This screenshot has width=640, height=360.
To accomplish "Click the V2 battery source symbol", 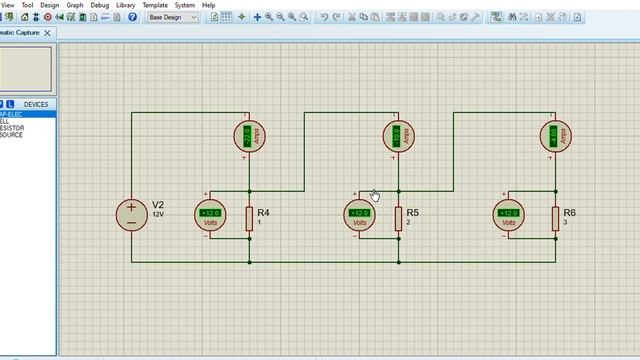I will click(131, 215).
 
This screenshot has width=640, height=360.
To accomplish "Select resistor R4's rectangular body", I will click(249, 218).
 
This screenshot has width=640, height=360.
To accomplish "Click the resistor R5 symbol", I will click(398, 218).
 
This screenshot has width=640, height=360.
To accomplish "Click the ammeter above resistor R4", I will click(249, 136).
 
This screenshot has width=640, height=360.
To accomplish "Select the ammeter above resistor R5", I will click(398, 136).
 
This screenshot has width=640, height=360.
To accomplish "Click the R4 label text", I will click(263, 212).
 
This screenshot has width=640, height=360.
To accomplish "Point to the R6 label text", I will click(569, 212).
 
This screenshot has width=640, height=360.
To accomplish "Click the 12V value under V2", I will click(158, 215).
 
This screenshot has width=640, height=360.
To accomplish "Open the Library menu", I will click(125, 5).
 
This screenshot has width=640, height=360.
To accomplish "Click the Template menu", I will click(154, 5).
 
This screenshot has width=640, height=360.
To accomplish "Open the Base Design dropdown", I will click(172, 17).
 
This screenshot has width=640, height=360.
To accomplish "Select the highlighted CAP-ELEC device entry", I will click(12, 114).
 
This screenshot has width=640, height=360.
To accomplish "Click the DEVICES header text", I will click(35, 104).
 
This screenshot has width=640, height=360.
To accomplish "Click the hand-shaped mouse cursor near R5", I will click(375, 195).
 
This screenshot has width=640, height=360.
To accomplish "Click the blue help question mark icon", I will click(132, 17).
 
